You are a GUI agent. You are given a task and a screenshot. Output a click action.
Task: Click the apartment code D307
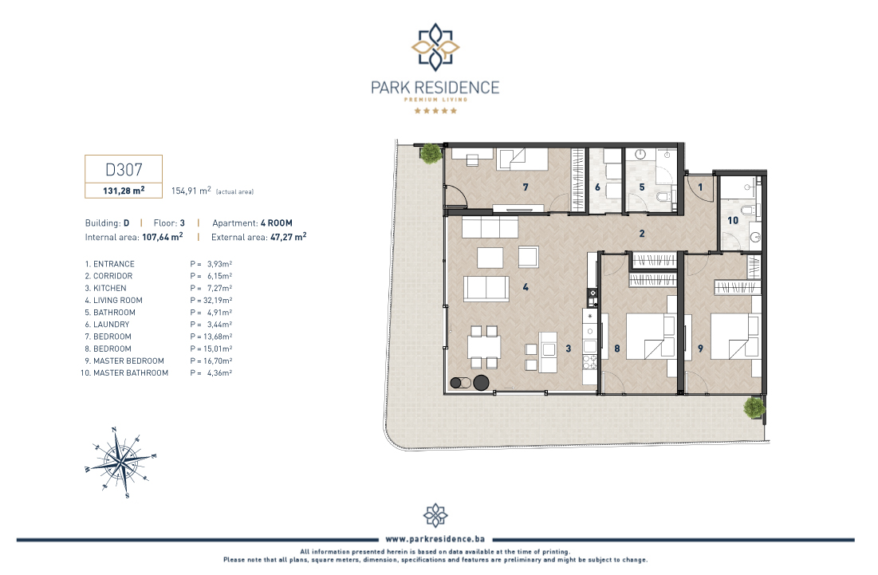click(x=124, y=169)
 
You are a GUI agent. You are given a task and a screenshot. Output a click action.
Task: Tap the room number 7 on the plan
click(x=526, y=187)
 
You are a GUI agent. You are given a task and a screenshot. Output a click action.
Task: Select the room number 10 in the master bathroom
click(x=732, y=221)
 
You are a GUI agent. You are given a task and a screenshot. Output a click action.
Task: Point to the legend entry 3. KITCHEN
click(x=105, y=289)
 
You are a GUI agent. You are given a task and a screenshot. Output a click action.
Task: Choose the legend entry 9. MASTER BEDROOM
click(x=124, y=361)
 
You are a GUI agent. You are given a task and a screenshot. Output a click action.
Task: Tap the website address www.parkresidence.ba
click(x=435, y=539)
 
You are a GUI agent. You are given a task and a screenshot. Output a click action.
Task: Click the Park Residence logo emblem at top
click(x=435, y=47)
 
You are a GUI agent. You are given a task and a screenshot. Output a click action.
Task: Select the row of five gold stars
click(x=435, y=111)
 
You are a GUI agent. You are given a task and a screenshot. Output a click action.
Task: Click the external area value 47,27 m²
click(x=289, y=237)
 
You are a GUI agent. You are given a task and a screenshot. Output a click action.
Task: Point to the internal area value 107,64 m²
click(x=163, y=237)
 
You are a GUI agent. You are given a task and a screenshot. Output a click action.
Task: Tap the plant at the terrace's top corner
click(x=431, y=153)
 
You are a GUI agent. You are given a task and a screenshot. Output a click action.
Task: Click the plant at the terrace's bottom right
click(x=754, y=407)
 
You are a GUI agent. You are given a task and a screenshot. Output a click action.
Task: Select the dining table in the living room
click(x=484, y=347)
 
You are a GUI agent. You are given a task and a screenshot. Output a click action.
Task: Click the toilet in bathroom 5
click(x=664, y=197)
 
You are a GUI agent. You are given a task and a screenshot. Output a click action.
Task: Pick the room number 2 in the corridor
click(x=642, y=234)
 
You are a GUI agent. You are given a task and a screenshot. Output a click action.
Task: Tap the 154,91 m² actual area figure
click(x=191, y=191)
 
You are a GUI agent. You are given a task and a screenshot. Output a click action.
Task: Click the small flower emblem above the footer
click(x=435, y=515)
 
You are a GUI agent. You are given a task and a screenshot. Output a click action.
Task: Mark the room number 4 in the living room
click(x=526, y=287)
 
